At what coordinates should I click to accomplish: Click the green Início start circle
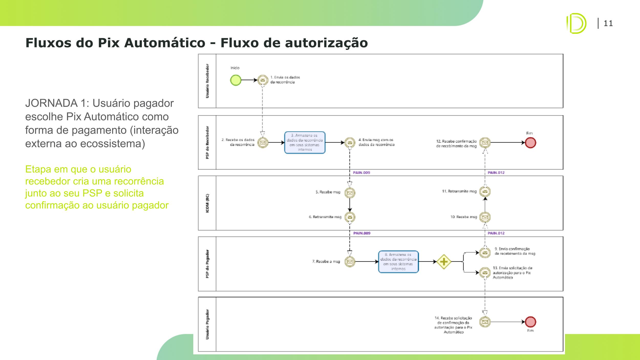click(x=236, y=80)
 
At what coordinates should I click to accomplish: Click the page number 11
click(x=608, y=24)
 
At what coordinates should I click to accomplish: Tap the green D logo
click(x=576, y=24)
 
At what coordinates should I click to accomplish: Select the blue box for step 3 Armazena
click(x=305, y=143)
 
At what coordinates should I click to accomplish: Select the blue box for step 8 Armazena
click(x=398, y=262)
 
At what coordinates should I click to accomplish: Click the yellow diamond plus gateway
click(x=444, y=262)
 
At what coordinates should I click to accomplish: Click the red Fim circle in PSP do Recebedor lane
click(x=530, y=143)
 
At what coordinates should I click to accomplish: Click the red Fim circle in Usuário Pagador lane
click(x=530, y=322)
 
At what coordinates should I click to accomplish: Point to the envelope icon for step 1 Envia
click(x=263, y=80)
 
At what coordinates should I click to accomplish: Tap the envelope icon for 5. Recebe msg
click(x=350, y=193)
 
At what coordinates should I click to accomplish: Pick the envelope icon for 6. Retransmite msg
click(x=350, y=217)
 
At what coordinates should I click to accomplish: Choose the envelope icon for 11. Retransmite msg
click(x=485, y=192)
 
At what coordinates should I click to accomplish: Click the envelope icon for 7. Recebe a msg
click(x=350, y=262)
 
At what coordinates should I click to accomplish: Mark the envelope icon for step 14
click(x=485, y=322)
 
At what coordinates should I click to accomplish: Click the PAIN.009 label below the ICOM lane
click(x=362, y=233)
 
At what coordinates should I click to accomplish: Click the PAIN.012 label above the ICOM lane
click(x=496, y=173)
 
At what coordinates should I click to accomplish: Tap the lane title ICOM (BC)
click(x=207, y=203)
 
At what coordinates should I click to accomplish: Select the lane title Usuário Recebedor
click(x=207, y=81)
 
